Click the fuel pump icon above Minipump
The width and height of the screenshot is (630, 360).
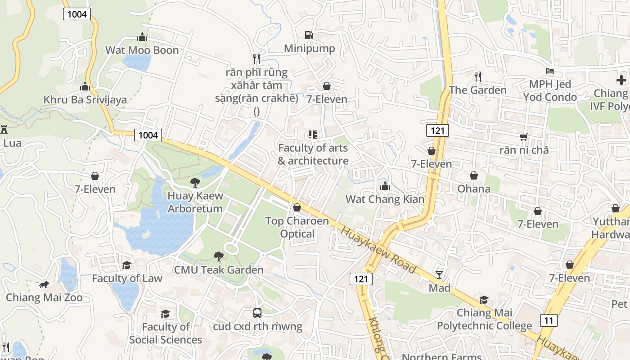[309, 35]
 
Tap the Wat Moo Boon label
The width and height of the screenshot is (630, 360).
[142, 50]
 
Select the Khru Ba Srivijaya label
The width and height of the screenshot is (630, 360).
[85, 99]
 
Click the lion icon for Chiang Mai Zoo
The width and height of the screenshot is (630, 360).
[44, 284]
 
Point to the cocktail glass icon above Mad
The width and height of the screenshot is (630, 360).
[439, 274]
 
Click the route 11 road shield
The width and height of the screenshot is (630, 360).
[548, 320]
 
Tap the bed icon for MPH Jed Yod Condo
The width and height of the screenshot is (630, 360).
[549, 71]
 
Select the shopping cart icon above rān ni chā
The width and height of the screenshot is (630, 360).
[523, 137]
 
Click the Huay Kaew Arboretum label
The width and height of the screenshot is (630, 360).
[195, 202]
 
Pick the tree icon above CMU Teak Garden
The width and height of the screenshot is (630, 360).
[218, 256]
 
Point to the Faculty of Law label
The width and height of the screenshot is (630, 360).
[127, 278]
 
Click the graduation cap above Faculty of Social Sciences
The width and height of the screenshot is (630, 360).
[166, 313]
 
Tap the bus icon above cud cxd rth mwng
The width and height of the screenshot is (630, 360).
[257, 313]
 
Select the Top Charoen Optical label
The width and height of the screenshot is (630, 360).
[297, 227]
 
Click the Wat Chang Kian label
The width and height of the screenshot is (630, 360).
[385, 199]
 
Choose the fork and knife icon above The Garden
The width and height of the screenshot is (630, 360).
[477, 77]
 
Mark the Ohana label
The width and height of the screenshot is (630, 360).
[474, 188]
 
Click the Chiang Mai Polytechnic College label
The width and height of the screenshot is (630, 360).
[484, 319]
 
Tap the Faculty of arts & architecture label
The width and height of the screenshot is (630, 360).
[313, 154]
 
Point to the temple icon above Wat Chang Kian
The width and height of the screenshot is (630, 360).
[385, 186]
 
